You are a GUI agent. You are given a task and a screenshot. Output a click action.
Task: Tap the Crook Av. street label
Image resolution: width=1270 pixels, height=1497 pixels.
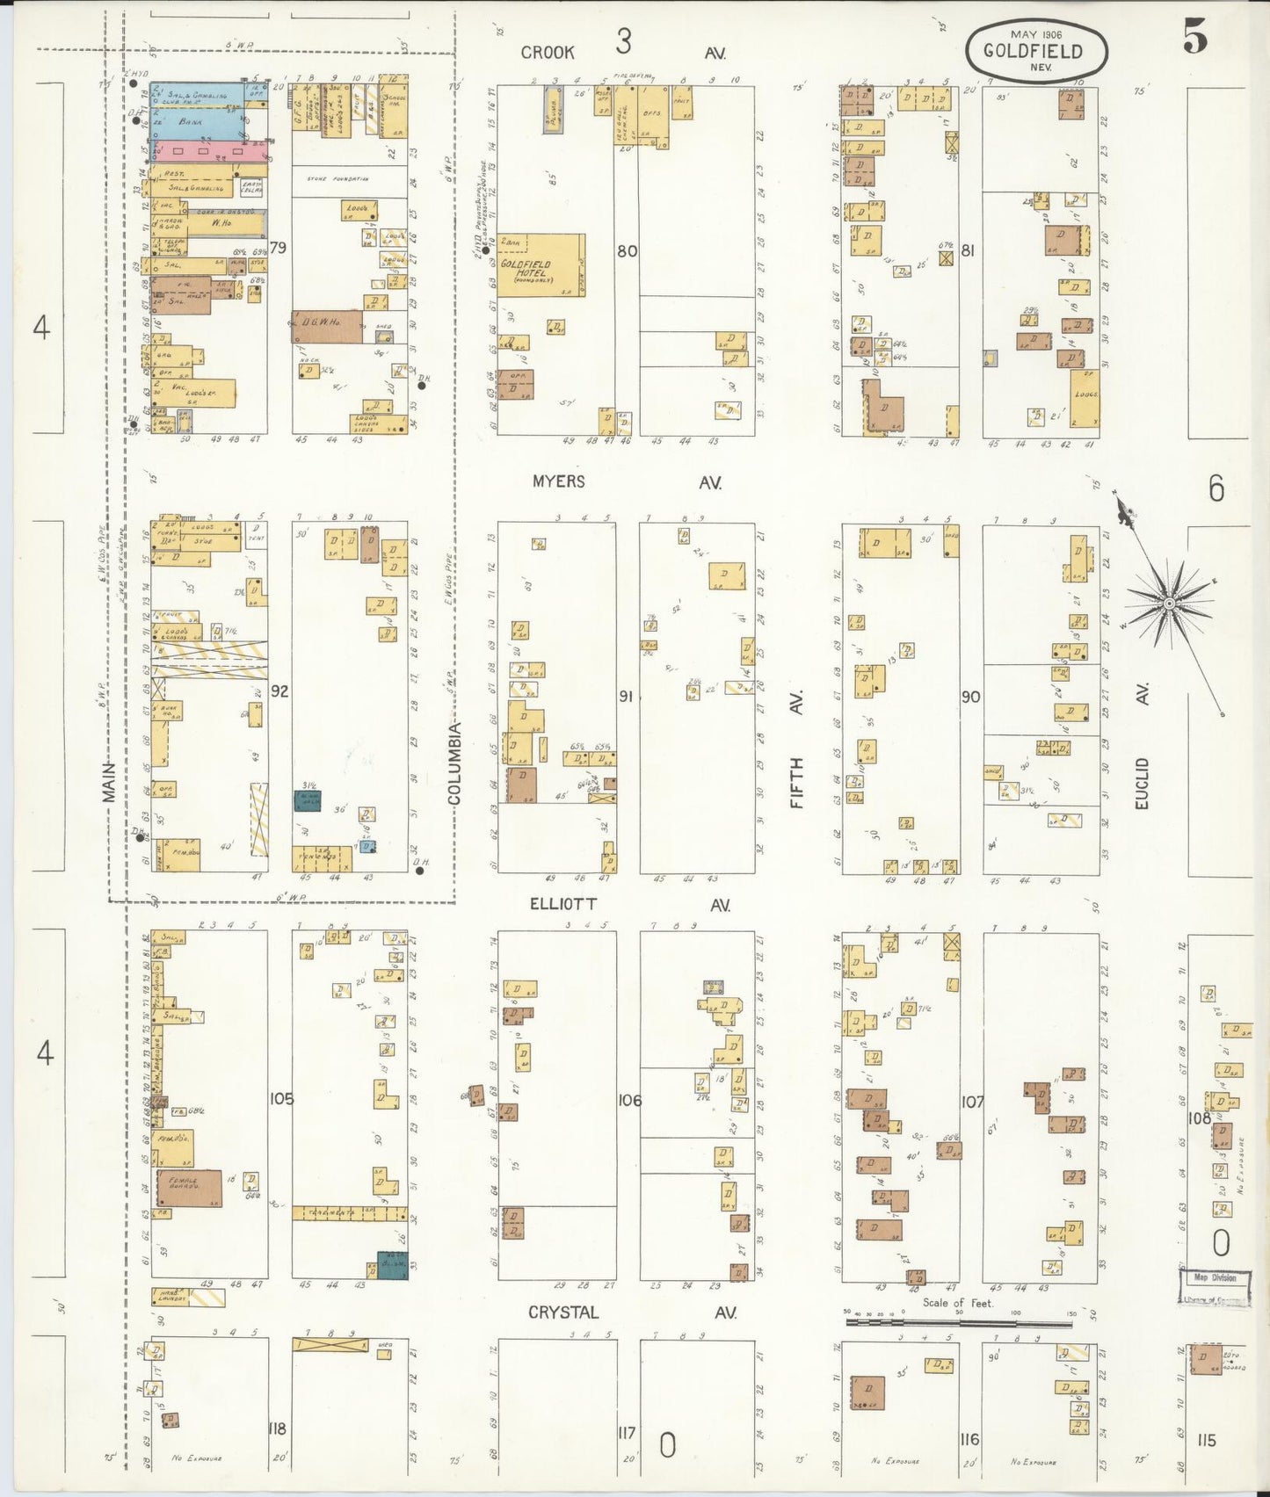624,53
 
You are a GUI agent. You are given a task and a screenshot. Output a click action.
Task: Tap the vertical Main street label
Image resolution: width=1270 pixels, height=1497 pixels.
109,782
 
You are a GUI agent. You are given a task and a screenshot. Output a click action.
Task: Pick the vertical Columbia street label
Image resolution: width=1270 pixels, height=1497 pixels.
454,763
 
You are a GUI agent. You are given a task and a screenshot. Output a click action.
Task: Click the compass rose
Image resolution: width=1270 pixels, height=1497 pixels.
1170,604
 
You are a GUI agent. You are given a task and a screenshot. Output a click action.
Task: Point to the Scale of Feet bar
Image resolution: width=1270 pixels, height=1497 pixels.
958,1320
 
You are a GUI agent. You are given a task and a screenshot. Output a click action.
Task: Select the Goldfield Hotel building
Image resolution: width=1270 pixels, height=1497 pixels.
541,265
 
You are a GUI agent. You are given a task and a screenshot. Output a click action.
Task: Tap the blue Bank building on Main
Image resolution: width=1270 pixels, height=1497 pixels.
195,122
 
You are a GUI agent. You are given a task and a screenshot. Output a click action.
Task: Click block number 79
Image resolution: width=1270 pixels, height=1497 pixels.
278,248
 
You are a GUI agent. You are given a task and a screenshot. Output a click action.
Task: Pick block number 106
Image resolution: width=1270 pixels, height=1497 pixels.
629,1100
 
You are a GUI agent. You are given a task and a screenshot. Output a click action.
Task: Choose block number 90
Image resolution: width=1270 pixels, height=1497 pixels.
970,697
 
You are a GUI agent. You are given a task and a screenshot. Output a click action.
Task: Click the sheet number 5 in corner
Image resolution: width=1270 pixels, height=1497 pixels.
1195,37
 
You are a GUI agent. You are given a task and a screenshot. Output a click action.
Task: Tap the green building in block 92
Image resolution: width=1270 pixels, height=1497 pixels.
307,800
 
